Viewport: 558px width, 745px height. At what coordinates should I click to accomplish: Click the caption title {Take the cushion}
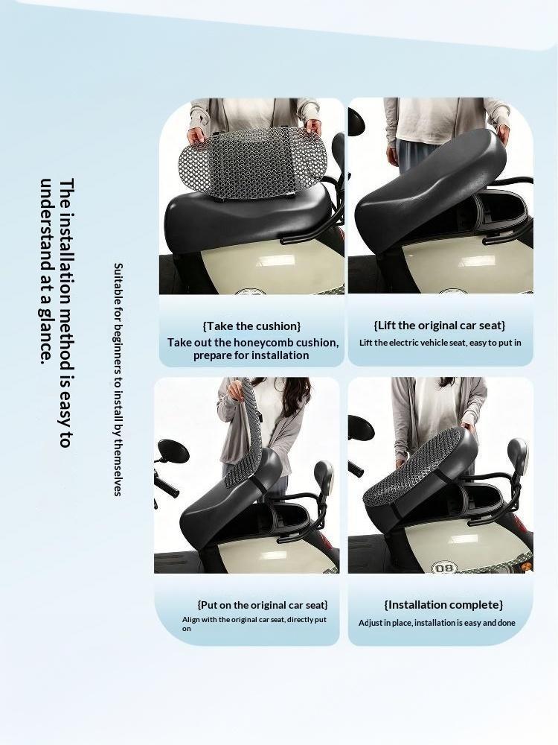tap(251, 326)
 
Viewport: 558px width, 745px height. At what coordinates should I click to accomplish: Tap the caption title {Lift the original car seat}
tap(440, 326)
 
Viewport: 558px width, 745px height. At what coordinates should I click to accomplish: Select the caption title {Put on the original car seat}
tap(263, 605)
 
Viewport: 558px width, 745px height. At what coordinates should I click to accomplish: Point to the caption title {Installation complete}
tap(443, 605)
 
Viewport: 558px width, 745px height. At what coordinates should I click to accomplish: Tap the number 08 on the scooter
tap(445, 568)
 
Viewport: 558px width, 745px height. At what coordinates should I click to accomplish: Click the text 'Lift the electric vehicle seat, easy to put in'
tap(440, 343)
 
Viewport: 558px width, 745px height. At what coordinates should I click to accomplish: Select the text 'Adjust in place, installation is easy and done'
tap(437, 622)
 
